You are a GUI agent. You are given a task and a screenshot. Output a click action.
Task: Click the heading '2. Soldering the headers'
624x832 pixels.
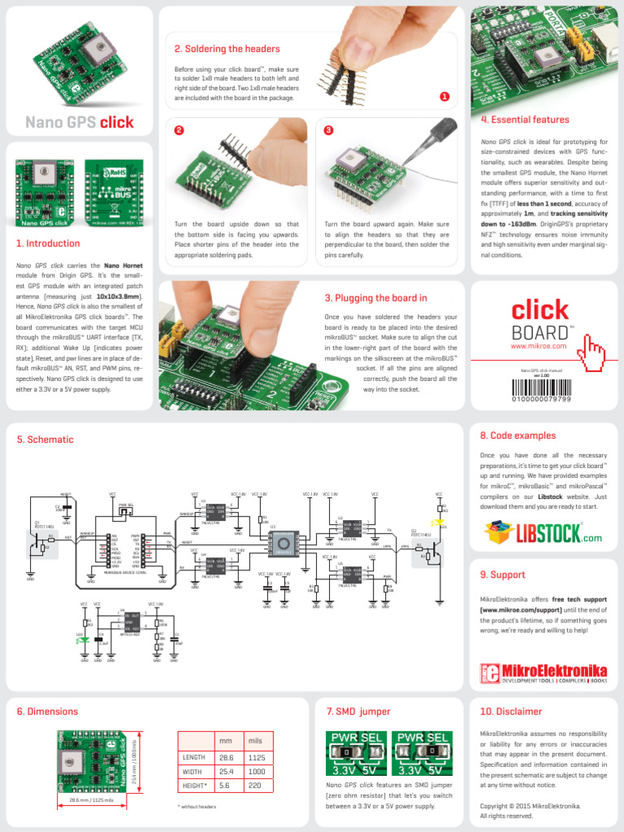click(227, 49)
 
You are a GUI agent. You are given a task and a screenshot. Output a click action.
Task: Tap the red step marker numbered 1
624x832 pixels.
click(444, 96)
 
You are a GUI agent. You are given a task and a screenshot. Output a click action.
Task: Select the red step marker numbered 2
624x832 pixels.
click(179, 130)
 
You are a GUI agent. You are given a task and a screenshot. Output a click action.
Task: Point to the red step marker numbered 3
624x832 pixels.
click(328, 130)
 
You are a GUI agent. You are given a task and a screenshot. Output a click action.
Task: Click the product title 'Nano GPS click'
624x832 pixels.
click(79, 123)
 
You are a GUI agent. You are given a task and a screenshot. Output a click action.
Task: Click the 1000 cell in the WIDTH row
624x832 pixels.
click(258, 771)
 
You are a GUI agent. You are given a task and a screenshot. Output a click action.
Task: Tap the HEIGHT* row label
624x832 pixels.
click(194, 786)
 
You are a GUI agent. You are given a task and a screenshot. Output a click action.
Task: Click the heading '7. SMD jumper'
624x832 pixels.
click(358, 712)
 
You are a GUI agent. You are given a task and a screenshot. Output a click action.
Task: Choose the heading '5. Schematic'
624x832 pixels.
click(45, 440)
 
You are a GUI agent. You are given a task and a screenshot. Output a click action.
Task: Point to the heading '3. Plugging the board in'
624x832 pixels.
click(375, 298)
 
